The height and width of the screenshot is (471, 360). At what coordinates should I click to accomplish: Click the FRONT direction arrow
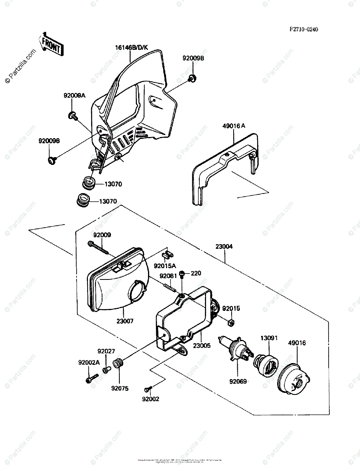pos(50,44)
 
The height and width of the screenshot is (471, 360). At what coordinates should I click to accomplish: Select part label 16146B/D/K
pos(132,48)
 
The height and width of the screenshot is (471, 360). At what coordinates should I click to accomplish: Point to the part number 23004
pos(224,247)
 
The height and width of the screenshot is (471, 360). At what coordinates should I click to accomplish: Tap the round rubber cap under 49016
pos(294,379)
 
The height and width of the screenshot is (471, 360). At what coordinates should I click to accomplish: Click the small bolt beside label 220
pos(182,274)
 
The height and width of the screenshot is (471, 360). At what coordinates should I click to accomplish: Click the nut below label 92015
pos(231,323)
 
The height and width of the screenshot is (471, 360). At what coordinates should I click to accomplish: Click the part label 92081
pos(168,276)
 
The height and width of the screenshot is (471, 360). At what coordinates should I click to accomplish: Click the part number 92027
pos(106,351)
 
